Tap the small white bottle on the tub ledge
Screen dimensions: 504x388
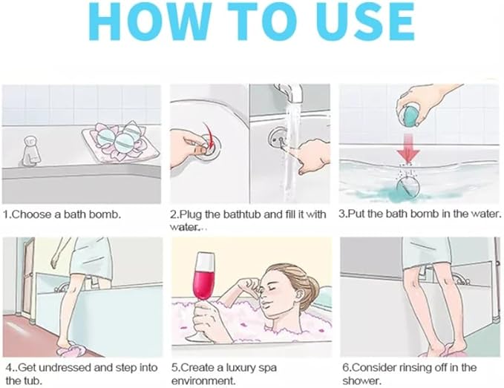coord(31,150)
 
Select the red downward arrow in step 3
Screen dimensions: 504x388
coord(408,148)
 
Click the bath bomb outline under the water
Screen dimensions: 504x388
coord(408,187)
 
